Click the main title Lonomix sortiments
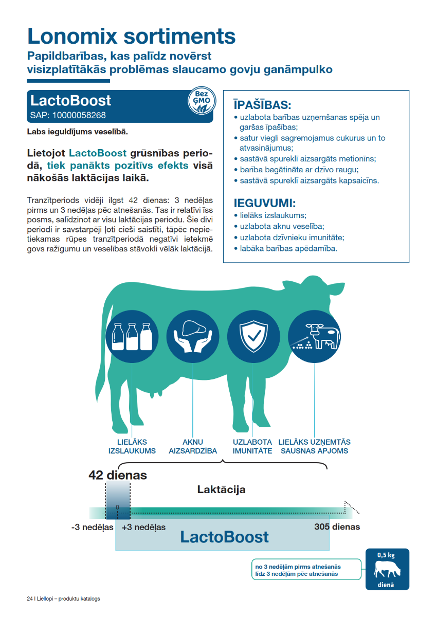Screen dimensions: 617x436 pos(131,36)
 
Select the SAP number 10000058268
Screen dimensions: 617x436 pos(68,115)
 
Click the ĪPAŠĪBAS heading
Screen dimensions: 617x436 pos(262,105)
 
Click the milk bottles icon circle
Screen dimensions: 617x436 pos(132,335)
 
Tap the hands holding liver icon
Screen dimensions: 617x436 pos(192,335)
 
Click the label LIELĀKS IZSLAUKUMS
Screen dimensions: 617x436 pos(132,446)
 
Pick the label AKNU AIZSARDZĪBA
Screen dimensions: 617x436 pos(193,446)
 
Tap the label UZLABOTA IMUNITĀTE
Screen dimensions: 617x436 pos(252,446)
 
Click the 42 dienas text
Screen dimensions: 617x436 pos(117,475)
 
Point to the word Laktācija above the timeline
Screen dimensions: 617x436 pos(221,489)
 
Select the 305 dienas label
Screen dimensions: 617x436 pos(337,527)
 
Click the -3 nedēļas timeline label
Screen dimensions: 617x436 pos(92,527)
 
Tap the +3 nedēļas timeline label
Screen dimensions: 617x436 pos(143,527)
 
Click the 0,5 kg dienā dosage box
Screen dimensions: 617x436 pos(387,569)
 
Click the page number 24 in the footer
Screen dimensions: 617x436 pos(29,599)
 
